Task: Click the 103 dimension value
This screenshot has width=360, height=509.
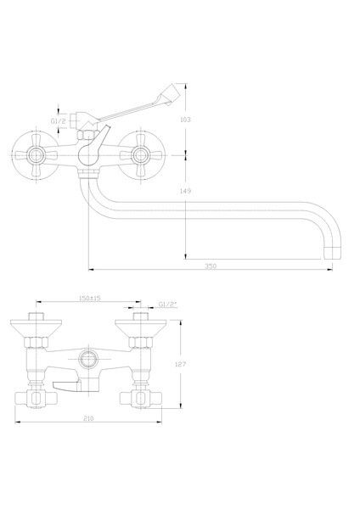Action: coord(185,120)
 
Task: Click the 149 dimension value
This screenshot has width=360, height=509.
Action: coord(185,191)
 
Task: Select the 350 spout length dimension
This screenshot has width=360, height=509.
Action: coord(211,266)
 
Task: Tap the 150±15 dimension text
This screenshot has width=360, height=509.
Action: coord(90,298)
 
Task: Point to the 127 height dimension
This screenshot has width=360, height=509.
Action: coord(180,364)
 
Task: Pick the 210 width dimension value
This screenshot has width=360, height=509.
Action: coord(88,418)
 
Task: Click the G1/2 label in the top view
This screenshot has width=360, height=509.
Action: coord(58,121)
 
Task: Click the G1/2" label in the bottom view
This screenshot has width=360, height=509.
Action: coord(167,305)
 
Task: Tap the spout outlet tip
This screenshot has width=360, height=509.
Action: coord(333,253)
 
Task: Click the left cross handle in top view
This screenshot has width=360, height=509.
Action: coord(36,155)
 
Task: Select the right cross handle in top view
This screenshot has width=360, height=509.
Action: coord(140,155)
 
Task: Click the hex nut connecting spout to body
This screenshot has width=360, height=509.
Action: coord(88,173)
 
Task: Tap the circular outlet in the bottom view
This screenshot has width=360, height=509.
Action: coord(87,359)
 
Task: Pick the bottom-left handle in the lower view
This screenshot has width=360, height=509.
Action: coord(36,399)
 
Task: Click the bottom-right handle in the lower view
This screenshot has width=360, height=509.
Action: coord(141,399)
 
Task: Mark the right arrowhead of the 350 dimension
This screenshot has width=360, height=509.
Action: coord(330,270)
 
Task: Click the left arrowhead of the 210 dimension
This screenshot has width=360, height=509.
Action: coord(18,422)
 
